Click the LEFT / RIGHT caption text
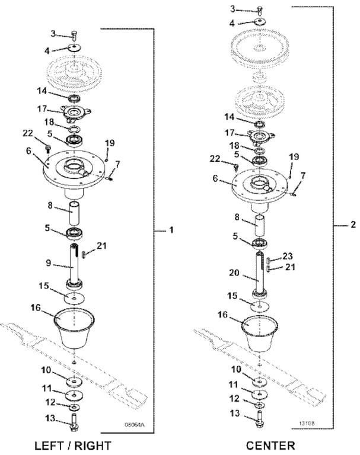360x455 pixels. tap(72, 446)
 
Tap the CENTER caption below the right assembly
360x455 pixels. tap(270, 446)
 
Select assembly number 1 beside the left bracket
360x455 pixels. tap(171, 230)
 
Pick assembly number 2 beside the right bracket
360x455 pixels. tap(353, 225)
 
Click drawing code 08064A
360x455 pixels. tap(134, 425)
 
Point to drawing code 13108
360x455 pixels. tap(307, 423)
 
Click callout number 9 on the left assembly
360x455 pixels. tap(48, 263)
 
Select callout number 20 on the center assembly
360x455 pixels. tap(234, 273)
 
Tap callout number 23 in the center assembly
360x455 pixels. tap(288, 256)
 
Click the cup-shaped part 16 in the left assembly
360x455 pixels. tap(74, 328)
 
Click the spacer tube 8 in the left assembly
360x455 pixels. tap(74, 214)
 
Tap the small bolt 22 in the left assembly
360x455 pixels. tap(48, 148)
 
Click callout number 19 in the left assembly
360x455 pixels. tap(110, 143)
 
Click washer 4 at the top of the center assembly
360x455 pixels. tap(259, 22)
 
